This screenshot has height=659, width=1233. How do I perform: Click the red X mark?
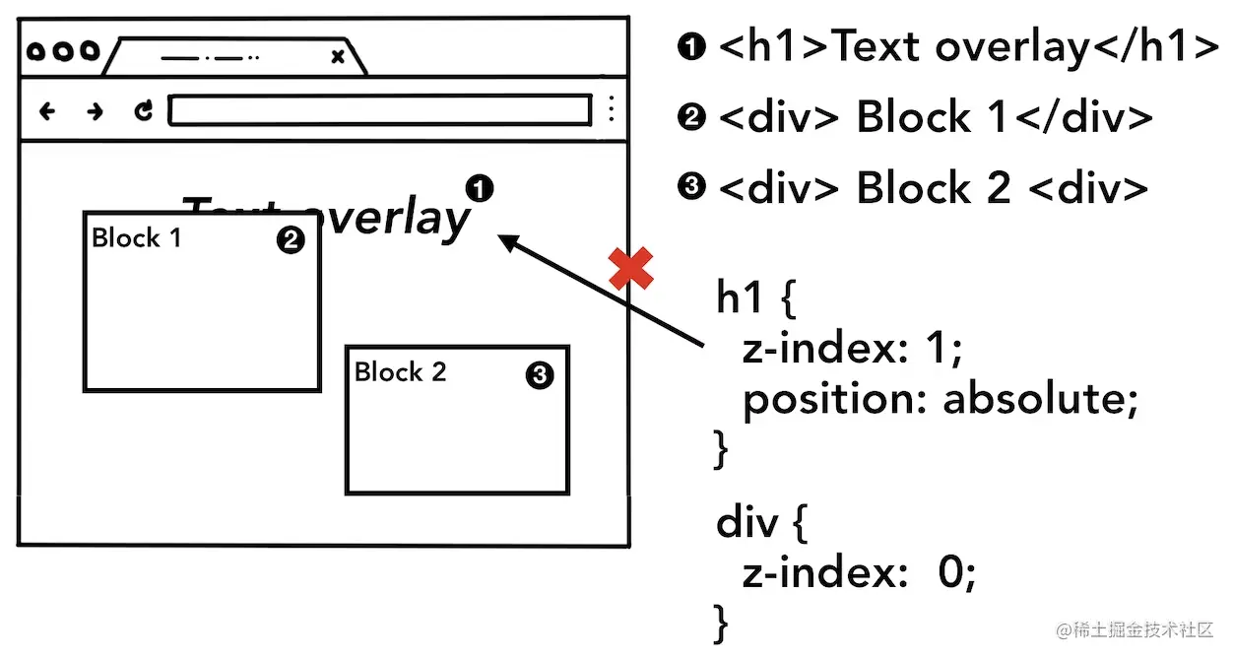pyautogui.click(x=631, y=269)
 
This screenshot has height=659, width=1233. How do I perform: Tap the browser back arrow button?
pyautogui.click(x=46, y=111)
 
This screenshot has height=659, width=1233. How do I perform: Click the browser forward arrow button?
pyautogui.click(x=95, y=111)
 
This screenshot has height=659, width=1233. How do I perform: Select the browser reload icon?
pyautogui.click(x=144, y=110)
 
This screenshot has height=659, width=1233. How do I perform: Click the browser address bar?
pyautogui.click(x=379, y=110)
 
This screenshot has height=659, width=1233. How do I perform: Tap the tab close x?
pyautogui.click(x=338, y=57)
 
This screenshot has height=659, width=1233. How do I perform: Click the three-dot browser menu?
pyautogui.click(x=612, y=109)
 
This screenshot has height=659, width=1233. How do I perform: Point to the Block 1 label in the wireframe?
pyautogui.click(x=136, y=237)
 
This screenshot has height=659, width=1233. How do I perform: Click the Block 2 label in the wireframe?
pyautogui.click(x=400, y=371)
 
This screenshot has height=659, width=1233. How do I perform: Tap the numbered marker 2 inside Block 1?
pyautogui.click(x=290, y=240)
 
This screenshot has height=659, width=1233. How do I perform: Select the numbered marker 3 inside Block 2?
pyautogui.click(x=540, y=375)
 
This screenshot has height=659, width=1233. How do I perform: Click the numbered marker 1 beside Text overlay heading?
pyautogui.click(x=479, y=187)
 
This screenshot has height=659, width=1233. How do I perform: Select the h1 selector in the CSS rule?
pyautogui.click(x=739, y=297)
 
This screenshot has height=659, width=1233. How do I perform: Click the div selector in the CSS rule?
pyautogui.click(x=747, y=523)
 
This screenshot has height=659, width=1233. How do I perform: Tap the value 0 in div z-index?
pyautogui.click(x=951, y=573)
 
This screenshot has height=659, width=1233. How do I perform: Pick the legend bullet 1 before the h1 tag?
pyautogui.click(x=692, y=46)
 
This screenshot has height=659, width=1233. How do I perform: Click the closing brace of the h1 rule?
pyautogui.click(x=722, y=449)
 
